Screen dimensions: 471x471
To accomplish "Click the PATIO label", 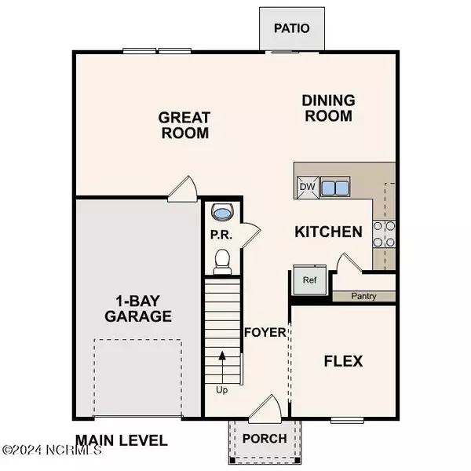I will pos(292,29).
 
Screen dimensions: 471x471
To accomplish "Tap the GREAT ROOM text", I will pos(184,125).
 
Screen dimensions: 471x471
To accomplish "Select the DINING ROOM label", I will pos(329,108).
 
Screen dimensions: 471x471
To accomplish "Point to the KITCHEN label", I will pos(328,232).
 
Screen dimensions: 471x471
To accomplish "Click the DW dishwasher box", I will pos(306,188).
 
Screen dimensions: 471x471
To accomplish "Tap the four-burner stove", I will pos(384,232).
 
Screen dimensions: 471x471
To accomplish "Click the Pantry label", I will pos(363,297).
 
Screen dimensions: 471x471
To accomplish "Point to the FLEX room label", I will pos(344,361).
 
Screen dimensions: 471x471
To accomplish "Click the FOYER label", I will pos(265,332).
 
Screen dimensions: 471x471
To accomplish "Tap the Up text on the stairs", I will pos(222,389).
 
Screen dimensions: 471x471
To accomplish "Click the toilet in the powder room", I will pos(221,259).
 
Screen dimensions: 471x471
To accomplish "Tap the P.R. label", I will pos(221,235).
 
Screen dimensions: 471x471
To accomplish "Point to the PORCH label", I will pos(264,437).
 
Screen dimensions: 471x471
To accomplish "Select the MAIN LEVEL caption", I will pos(121,440).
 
